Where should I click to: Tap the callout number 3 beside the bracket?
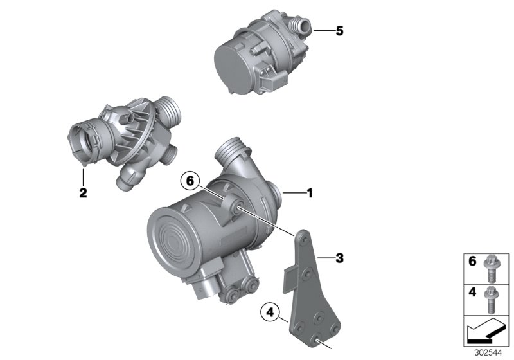click(x=340, y=258)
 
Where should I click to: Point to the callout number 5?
click(x=340, y=31)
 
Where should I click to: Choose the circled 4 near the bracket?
click(x=271, y=314)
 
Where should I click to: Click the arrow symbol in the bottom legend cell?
click(x=483, y=334)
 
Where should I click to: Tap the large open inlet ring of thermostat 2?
click(x=83, y=136)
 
